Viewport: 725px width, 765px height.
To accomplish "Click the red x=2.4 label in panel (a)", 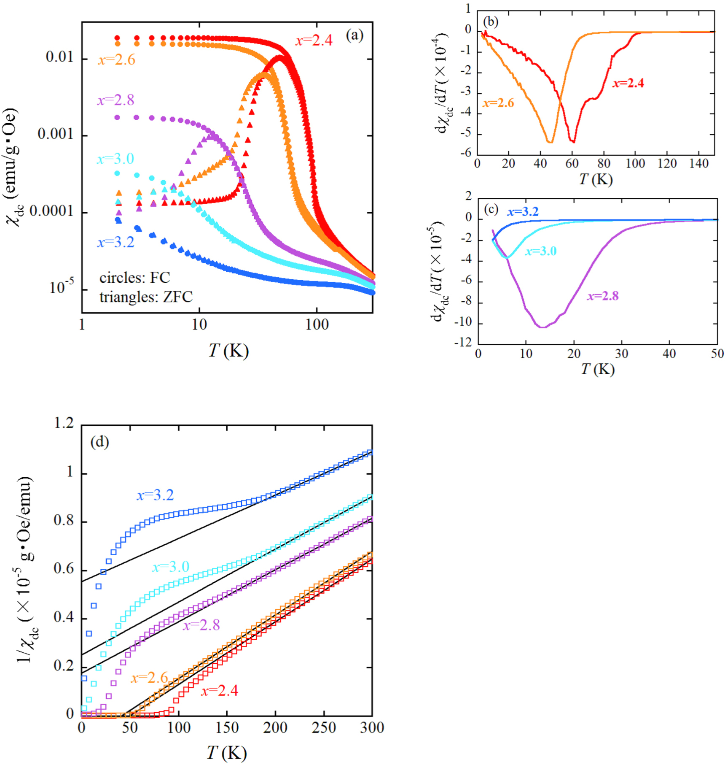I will (x=314, y=41).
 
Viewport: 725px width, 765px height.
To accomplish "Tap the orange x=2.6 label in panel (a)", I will (x=116, y=60).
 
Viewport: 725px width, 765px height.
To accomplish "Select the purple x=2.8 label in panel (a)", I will (x=115, y=100).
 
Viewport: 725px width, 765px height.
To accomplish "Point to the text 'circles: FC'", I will (x=134, y=278).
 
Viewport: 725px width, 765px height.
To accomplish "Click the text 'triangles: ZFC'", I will (x=146, y=297).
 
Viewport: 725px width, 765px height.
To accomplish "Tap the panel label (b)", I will (x=491, y=22).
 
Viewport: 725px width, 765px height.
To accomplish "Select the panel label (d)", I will (x=99, y=442).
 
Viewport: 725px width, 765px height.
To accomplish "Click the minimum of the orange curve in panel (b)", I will (x=550, y=142).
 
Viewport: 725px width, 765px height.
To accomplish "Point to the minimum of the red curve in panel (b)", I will (x=572, y=141).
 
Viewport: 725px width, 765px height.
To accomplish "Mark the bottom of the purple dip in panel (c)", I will (x=543, y=327).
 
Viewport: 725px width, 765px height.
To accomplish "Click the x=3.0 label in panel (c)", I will (x=540, y=251).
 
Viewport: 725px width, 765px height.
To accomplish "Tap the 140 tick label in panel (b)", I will (x=698, y=164).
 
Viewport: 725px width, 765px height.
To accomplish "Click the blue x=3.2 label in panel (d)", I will (x=155, y=495).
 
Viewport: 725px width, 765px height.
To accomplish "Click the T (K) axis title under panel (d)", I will (x=226, y=752).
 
